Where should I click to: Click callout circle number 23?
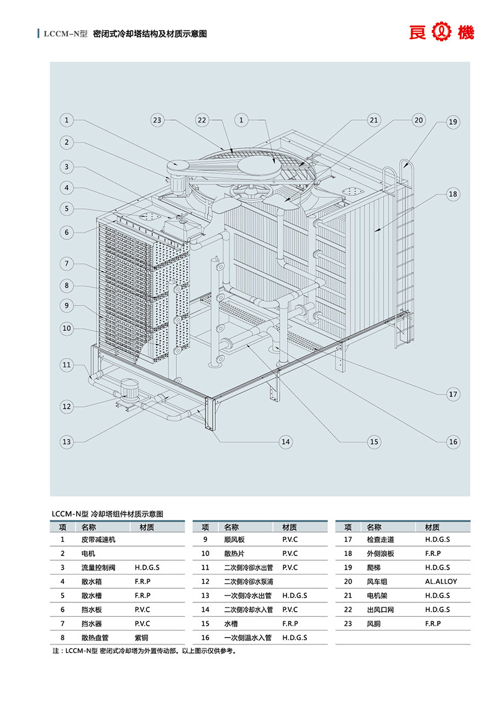coord(157,120)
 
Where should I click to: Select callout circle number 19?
coord(452,122)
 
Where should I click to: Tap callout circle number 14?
coord(285,442)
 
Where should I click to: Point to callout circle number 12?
coord(67,406)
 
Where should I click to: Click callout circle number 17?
coord(452,394)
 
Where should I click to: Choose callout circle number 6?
coord(67,233)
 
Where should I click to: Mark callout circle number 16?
coord(452,441)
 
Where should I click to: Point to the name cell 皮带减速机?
coord(98,539)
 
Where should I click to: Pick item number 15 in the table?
coord(205,623)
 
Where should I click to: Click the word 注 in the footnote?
coord(56,651)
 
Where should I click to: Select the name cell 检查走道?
coord(380,539)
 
